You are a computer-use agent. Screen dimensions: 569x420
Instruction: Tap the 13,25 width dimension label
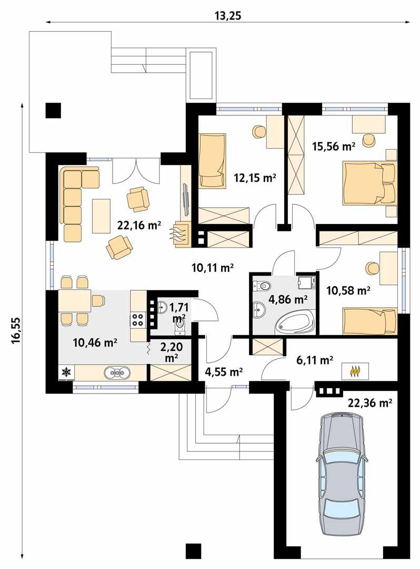[227, 15]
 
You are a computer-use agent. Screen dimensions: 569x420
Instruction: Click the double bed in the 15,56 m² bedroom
[368, 183]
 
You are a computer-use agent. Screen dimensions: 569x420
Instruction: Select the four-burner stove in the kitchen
[138, 319]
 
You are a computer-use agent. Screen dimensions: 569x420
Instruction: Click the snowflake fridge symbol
[66, 372]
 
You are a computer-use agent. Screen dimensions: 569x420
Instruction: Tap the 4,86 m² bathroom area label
[288, 300]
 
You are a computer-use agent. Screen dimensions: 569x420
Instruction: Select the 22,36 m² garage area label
[371, 404]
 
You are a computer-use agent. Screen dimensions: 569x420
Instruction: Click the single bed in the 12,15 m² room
[213, 160]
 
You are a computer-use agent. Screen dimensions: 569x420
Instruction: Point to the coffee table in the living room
[101, 215]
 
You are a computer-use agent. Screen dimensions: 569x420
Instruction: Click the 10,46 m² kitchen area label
[95, 343]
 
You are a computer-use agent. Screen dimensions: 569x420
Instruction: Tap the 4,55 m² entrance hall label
[223, 372]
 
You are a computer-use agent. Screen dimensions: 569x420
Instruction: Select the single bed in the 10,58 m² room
[368, 320]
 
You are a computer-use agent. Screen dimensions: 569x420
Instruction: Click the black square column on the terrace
[53, 110]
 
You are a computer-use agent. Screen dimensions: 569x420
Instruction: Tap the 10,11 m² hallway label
[213, 268]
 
